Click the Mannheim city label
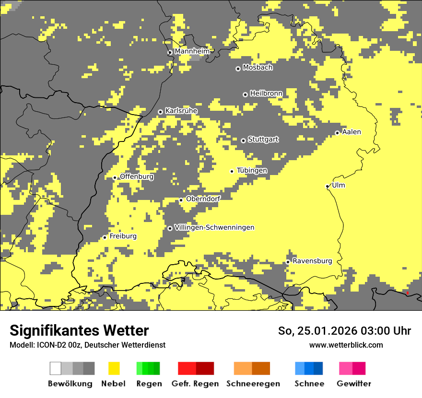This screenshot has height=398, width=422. pyautogui.click(x=192, y=51)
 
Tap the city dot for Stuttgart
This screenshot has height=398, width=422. pyautogui.click(x=243, y=140)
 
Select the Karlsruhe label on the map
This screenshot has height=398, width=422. pyautogui.click(x=181, y=111)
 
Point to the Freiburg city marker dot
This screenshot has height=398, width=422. pyautogui.click(x=105, y=237)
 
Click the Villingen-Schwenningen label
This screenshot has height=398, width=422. pyautogui.click(x=214, y=227)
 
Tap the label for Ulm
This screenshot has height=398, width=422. pyautogui.click(x=338, y=185)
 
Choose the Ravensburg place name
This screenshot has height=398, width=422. pyautogui.click(x=312, y=261)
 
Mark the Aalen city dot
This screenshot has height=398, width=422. pyautogui.click(x=337, y=133)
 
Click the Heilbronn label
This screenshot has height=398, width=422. pyautogui.click(x=266, y=93)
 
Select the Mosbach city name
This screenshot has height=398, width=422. pyautogui.click(x=258, y=67)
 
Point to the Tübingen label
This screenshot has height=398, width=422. pyautogui.click(x=252, y=170)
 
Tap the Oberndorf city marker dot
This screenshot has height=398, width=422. pyautogui.click(x=181, y=200)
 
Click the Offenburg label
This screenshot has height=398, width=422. pyautogui.click(x=137, y=176)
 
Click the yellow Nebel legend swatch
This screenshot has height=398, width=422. pyautogui.click(x=114, y=368)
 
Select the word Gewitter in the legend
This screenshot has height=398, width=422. pyautogui.click(x=354, y=384)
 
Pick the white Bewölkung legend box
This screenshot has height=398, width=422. pyautogui.click(x=56, y=368)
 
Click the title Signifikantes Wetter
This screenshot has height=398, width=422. pyautogui.click(x=79, y=331)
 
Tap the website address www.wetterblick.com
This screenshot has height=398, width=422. pyautogui.click(x=346, y=345)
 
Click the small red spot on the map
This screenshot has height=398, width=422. pyautogui.click(x=407, y=293)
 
